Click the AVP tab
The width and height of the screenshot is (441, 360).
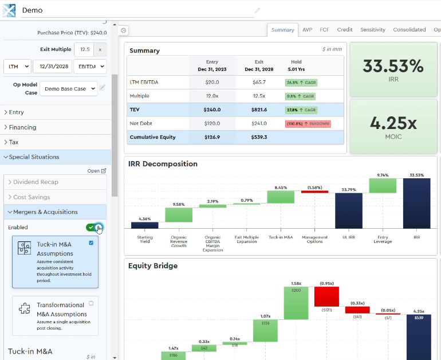point(307,30)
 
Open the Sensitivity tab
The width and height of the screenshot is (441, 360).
point(372,30)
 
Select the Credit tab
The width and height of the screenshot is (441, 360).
point(345,30)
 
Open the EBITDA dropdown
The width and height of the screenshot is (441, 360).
point(89,66)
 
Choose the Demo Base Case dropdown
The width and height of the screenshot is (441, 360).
point(68,89)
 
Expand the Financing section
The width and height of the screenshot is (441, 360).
point(23,127)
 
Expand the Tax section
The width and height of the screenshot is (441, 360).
point(14,142)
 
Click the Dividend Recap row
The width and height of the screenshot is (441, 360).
point(36,182)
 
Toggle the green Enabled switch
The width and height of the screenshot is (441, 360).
point(94,228)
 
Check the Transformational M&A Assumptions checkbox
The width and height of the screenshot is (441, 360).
point(91,303)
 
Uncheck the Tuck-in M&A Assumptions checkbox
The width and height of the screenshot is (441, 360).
point(91,243)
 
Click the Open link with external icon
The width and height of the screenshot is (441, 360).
point(96,171)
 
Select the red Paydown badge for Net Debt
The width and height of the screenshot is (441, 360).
point(301,123)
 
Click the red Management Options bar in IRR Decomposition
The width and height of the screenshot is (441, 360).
point(314,191)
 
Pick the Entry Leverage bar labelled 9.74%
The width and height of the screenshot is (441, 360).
point(383,185)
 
